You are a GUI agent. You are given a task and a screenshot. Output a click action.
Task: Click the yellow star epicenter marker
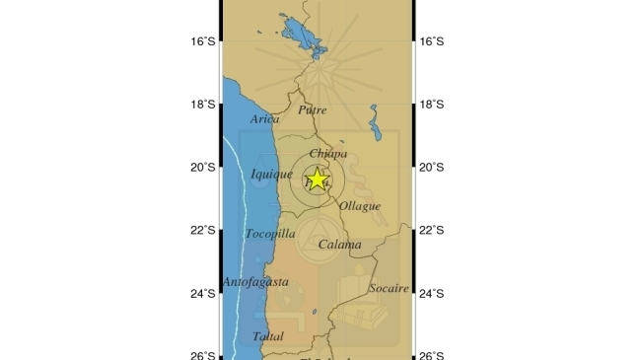317,180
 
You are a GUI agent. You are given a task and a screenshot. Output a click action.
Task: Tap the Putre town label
312,110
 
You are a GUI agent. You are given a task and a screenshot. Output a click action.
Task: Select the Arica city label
265,119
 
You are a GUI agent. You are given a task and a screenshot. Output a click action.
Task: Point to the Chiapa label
327,154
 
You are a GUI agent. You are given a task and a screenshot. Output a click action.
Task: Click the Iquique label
272,175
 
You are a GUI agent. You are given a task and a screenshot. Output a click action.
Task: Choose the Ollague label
359,206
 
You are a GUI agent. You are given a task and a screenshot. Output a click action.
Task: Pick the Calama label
340,244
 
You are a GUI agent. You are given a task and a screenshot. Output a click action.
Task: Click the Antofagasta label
255,282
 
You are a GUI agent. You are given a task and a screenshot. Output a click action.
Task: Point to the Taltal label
267,336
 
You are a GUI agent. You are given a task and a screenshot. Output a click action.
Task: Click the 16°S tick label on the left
204,41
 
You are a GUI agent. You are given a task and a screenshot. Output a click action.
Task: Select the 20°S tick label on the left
204,168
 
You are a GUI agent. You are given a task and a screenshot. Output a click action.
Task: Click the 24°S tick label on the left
204,294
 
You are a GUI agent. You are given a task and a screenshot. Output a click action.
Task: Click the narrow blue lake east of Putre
374,123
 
